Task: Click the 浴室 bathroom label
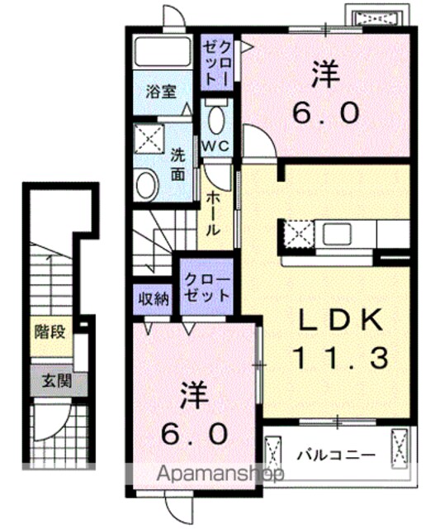pos(161,92)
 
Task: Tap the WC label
pos(215,146)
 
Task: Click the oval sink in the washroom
pos(147,186)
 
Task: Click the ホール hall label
pos(213,213)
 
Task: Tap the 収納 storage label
pos(154,298)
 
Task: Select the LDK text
pos(341,320)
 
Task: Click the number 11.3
pos(341,358)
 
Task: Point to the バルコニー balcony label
pos(336,455)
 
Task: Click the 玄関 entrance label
pos(57,381)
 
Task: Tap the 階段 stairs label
pos(50,332)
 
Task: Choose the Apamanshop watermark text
pos(220,474)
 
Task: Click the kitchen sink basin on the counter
pos(337,234)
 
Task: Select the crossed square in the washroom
pos(149,139)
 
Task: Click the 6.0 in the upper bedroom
pos(325,113)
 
